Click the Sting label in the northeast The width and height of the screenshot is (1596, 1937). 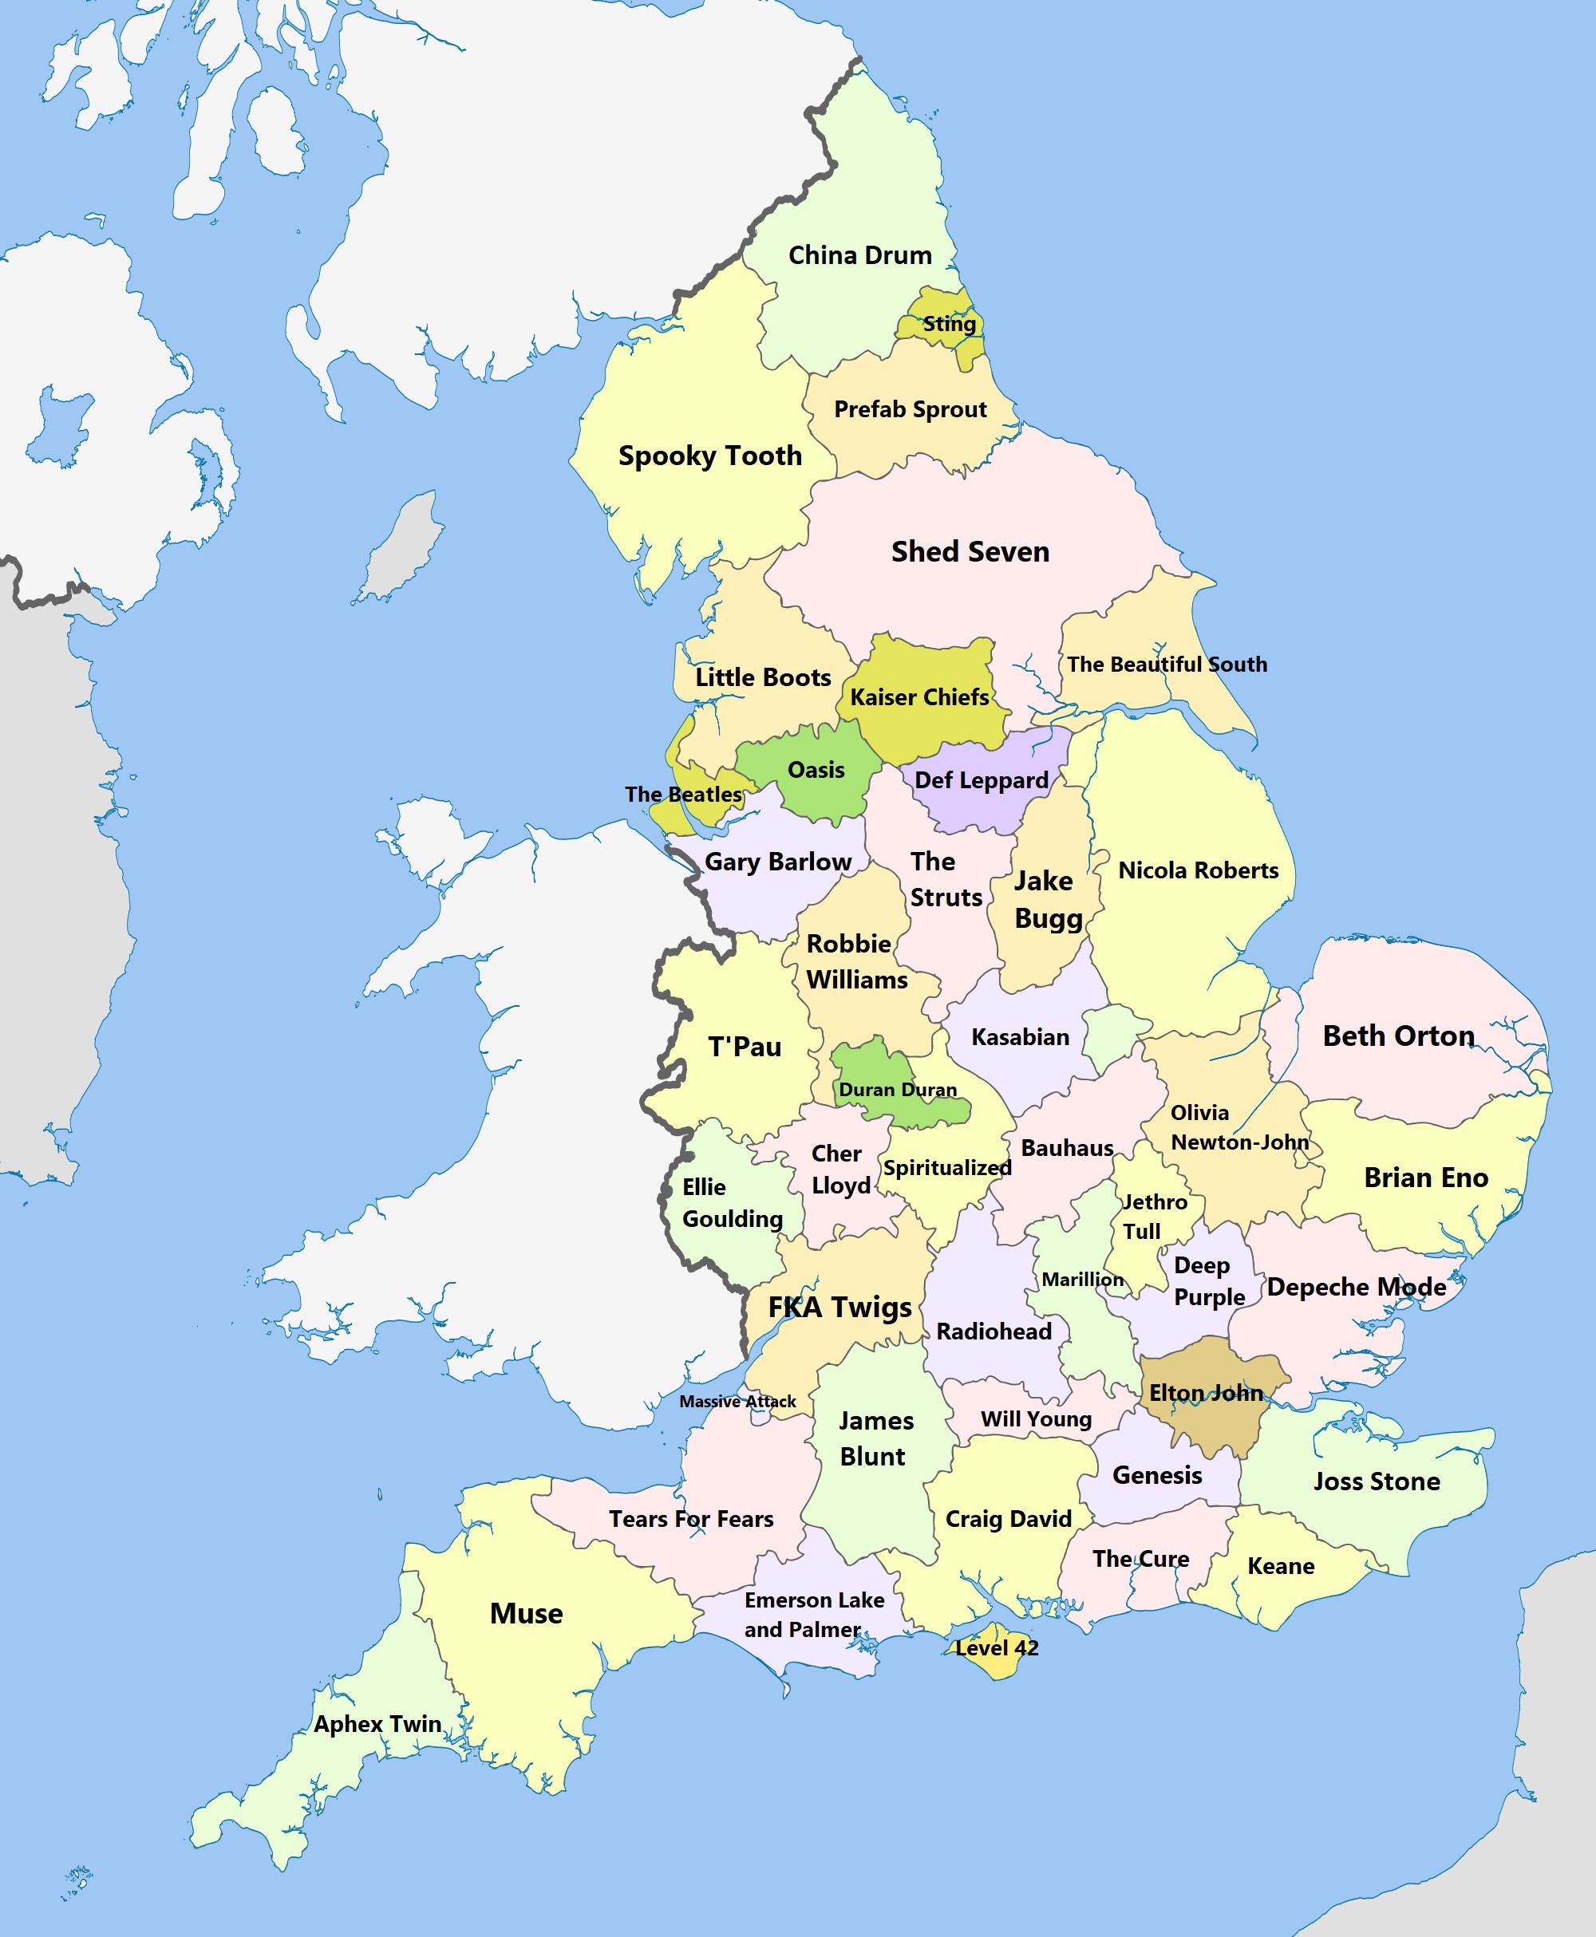[x=949, y=323]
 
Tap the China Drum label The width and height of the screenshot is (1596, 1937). [x=859, y=255]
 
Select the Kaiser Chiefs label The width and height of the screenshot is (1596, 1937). [x=919, y=697]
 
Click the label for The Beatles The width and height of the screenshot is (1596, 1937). [x=683, y=795]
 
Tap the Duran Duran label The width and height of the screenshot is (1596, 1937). [x=897, y=1090]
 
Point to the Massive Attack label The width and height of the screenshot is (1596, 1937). [x=737, y=1401]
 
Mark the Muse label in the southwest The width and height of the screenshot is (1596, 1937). [x=526, y=1614]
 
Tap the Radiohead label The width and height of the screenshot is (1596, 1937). [x=994, y=1331]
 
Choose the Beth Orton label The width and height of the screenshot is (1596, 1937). [x=1398, y=1036]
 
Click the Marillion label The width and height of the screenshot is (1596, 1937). [x=1082, y=1280]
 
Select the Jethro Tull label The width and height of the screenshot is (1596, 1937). [x=1154, y=1217]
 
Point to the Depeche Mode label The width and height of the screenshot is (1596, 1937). [x=1356, y=1288]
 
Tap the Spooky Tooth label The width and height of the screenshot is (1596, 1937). [x=709, y=456]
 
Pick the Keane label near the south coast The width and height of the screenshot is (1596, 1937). [x=1281, y=1567]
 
